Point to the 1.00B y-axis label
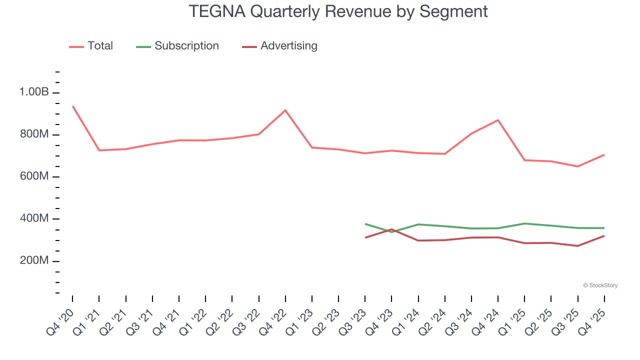[x=34, y=92]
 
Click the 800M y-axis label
[x=34, y=134]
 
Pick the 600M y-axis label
[x=34, y=177]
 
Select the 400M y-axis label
[x=34, y=219]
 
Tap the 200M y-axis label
[x=34, y=261]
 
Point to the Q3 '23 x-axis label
[x=353, y=320]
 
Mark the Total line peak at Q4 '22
[x=285, y=110]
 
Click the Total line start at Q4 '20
[x=72, y=106]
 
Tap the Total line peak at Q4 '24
[x=498, y=120]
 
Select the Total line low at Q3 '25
[x=578, y=166]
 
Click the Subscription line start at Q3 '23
[x=365, y=223]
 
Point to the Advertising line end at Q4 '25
[x=604, y=235]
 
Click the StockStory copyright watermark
[x=600, y=285]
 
